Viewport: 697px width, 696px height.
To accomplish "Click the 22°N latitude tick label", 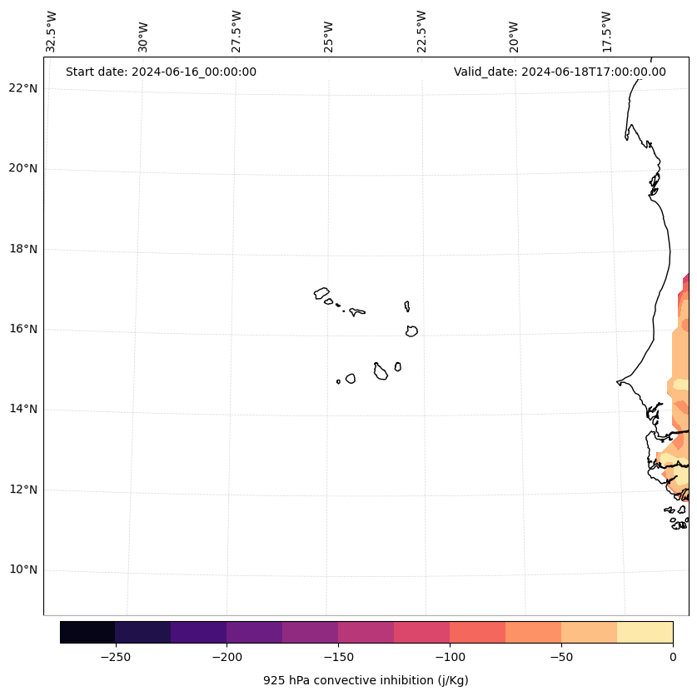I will click(23, 88).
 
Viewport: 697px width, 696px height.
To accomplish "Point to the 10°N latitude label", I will click(23, 569).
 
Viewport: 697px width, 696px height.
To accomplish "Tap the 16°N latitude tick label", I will click(23, 329).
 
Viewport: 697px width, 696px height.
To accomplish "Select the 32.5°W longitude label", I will click(52, 32).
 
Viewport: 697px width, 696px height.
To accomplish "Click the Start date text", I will click(161, 72).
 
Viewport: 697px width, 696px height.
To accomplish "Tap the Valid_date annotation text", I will click(560, 72).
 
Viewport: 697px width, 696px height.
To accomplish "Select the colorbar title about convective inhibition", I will click(366, 680).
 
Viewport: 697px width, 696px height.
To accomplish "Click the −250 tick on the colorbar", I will click(115, 656).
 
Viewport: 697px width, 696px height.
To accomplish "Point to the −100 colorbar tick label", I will click(450, 656).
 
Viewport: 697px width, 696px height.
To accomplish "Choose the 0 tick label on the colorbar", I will click(672, 656).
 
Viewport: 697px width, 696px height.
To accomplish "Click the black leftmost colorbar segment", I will click(87, 632).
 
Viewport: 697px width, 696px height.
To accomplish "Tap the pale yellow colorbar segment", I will click(645, 632).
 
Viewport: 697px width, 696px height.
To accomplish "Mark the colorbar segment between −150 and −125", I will click(366, 632).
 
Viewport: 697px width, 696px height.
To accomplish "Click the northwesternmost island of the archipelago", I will click(321, 293).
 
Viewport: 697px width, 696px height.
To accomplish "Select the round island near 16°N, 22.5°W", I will click(411, 331).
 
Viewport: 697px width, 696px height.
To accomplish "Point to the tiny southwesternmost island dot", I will click(338, 381).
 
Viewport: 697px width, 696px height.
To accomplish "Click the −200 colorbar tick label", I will click(227, 656).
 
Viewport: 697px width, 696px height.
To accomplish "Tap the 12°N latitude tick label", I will click(23, 490).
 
